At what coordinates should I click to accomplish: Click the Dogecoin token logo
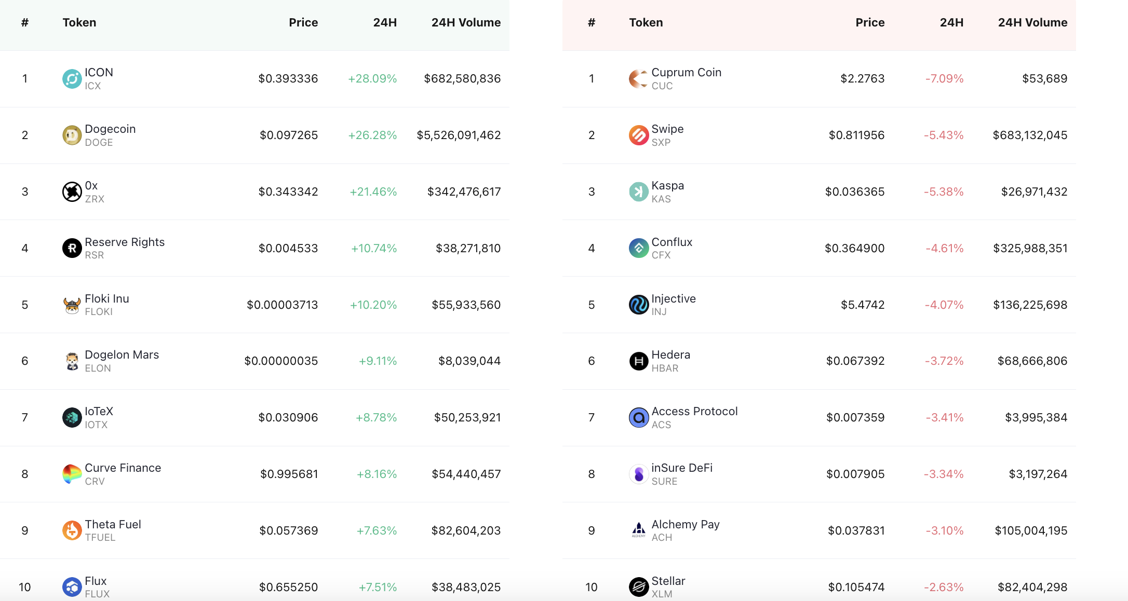[x=72, y=135]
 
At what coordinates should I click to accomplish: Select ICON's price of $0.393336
[x=288, y=79]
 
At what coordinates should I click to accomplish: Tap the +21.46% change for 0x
[x=373, y=192]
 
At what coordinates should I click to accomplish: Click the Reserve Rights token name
[x=125, y=242]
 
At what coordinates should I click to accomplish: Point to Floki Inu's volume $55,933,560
[x=466, y=305]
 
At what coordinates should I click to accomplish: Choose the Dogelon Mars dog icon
[x=72, y=361]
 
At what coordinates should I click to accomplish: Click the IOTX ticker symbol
[x=96, y=425]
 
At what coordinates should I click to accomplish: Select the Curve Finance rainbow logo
[x=72, y=474]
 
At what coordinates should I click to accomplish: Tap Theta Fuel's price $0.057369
[x=289, y=531]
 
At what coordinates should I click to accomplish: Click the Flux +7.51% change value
[x=378, y=588]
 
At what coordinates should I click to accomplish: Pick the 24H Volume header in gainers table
[x=466, y=23]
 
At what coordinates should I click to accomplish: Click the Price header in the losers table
[x=870, y=23]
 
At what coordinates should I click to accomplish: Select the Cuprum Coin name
[x=687, y=73]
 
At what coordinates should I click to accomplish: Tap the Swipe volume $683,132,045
[x=1030, y=135]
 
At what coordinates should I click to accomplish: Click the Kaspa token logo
[x=639, y=192]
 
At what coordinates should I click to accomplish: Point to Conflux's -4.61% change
[x=945, y=249]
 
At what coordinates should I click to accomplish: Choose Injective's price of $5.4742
[x=863, y=305]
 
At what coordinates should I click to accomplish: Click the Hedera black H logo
[x=639, y=361]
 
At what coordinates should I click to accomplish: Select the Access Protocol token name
[x=695, y=412]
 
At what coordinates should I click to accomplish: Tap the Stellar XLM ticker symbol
[x=662, y=594]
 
